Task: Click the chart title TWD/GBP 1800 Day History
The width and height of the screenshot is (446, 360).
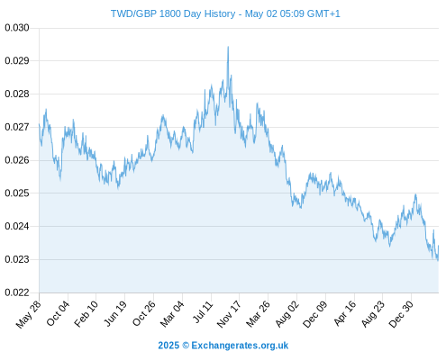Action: click(x=173, y=13)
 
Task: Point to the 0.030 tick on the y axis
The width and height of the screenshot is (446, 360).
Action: click(x=17, y=28)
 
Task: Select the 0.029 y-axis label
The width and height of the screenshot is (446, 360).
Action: click(x=17, y=61)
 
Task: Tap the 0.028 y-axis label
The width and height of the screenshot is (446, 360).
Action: click(x=17, y=94)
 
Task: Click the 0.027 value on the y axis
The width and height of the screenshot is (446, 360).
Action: click(x=17, y=127)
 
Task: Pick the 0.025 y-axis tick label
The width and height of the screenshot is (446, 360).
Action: click(x=17, y=193)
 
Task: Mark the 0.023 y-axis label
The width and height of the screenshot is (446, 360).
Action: click(x=17, y=259)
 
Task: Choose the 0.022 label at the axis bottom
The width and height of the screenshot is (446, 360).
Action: click(x=17, y=292)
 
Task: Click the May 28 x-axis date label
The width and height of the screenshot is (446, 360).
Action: click(x=29, y=314)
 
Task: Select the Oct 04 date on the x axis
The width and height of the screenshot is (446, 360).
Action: click(x=58, y=313)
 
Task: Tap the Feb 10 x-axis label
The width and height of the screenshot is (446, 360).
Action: click(x=86, y=313)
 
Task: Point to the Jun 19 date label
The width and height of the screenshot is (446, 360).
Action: click(x=115, y=313)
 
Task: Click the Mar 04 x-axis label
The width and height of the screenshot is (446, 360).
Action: click(x=172, y=314)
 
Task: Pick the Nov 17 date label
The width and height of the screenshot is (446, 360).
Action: click(x=229, y=314)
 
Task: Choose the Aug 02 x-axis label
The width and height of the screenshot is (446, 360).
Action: click(x=287, y=314)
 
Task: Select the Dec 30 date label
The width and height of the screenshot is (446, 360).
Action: click(x=401, y=314)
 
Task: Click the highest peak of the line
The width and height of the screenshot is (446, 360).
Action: click(x=228, y=47)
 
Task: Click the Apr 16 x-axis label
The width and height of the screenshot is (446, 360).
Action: click(x=345, y=313)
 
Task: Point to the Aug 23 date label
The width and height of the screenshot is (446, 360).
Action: click(x=373, y=314)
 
